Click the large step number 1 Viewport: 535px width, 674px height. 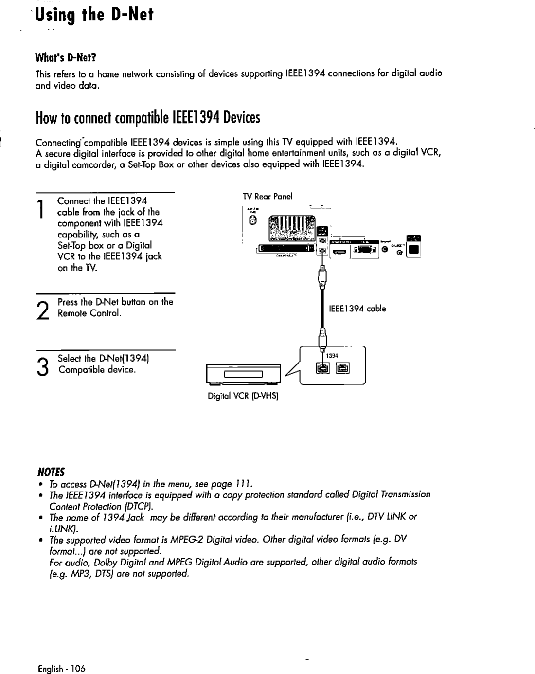(x=43, y=209)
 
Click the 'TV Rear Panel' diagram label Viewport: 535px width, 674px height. (x=267, y=197)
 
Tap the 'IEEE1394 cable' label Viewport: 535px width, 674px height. (x=357, y=309)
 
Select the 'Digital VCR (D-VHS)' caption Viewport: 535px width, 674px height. (x=242, y=396)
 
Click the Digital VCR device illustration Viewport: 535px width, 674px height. (x=243, y=374)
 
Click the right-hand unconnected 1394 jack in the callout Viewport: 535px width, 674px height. (x=343, y=369)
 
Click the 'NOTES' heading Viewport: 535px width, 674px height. (x=51, y=472)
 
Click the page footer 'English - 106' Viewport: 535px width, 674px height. (x=61, y=669)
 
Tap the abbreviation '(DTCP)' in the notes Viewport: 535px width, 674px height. (x=110, y=506)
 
